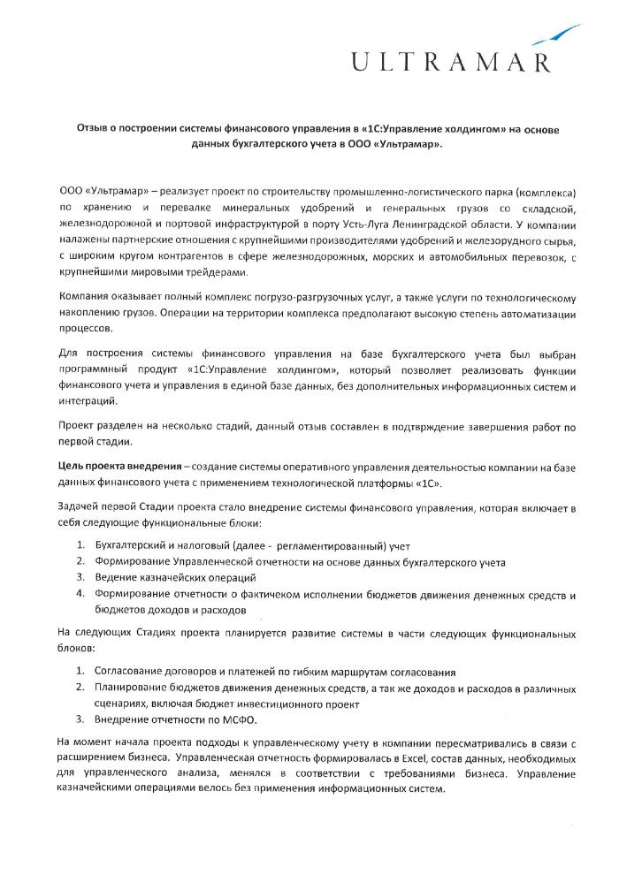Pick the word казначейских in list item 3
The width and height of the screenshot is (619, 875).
pyautogui.click(x=180, y=577)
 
